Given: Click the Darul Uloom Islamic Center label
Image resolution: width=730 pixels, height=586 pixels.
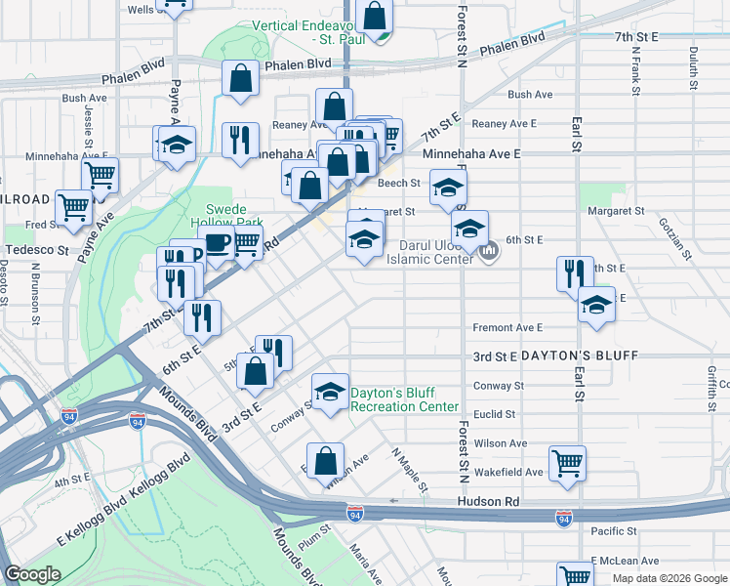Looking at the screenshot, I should pyautogui.click(x=438, y=251).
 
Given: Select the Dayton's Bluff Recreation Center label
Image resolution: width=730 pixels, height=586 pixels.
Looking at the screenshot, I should pyautogui.click(x=404, y=398).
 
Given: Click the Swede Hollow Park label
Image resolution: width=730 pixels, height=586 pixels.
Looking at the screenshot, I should pyautogui.click(x=235, y=217).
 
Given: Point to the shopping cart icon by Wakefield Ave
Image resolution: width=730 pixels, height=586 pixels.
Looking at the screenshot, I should pyautogui.click(x=566, y=462).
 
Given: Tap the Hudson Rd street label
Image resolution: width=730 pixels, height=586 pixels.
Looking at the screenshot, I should pyautogui.click(x=483, y=501).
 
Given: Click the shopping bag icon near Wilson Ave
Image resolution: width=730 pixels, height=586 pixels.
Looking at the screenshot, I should pyautogui.click(x=325, y=460).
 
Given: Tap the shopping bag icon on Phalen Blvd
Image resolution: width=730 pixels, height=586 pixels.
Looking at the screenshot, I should pyautogui.click(x=240, y=78).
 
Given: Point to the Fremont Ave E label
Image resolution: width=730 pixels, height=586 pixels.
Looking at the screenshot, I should pyautogui.click(x=507, y=328).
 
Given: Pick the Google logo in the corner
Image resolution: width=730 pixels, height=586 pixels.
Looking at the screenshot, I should pyautogui.click(x=32, y=573).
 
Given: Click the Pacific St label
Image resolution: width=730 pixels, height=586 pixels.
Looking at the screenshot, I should pyautogui.click(x=614, y=531).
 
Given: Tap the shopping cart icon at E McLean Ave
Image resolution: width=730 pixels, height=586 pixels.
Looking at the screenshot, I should pyautogui.click(x=575, y=575).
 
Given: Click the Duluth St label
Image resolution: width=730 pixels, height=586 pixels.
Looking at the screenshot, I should pyautogui.click(x=694, y=67).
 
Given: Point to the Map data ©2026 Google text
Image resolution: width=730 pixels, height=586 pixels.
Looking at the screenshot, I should pyautogui.click(x=669, y=578).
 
